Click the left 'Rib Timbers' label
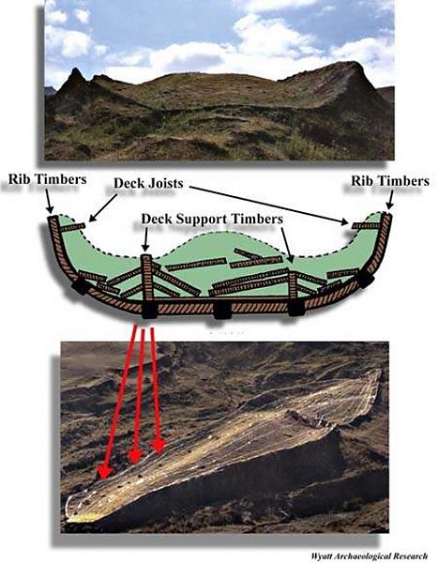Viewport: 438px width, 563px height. point(48,179)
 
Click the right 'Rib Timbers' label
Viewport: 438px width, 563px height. point(390,180)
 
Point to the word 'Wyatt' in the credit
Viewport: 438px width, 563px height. point(321,556)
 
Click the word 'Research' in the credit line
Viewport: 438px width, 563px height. point(412,556)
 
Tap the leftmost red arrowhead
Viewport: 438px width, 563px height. point(105,471)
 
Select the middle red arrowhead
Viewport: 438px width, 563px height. point(135,455)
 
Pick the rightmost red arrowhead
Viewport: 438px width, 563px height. point(158,446)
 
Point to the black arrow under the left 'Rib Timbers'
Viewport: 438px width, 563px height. point(48,201)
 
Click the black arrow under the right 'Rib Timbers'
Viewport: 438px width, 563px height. point(390,200)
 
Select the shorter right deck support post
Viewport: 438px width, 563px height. point(294,284)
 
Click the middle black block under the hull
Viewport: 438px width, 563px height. point(221,311)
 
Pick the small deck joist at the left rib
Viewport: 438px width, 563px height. point(73,227)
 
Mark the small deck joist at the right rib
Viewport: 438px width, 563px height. point(366,225)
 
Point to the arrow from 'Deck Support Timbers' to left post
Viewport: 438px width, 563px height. point(145,239)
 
